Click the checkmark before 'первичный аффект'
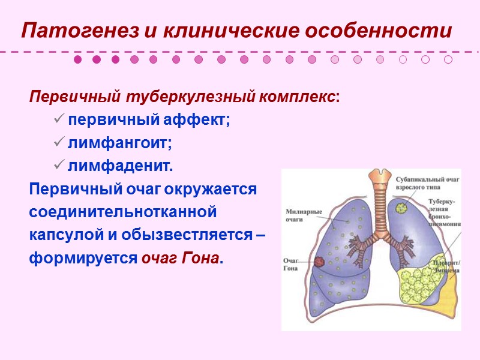[x=59, y=119]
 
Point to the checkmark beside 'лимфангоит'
[x=59, y=143]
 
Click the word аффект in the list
[x=199, y=119]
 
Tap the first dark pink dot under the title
[x=77, y=59]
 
